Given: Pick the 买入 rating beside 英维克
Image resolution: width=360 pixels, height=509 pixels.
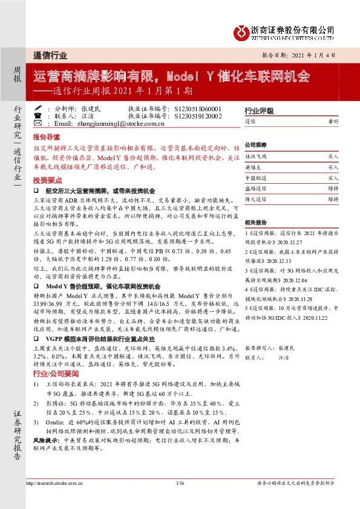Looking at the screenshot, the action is pyautogui.click(x=333, y=167).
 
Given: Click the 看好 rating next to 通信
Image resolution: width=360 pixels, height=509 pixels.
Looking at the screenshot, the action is pyautogui.click(x=333, y=122).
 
